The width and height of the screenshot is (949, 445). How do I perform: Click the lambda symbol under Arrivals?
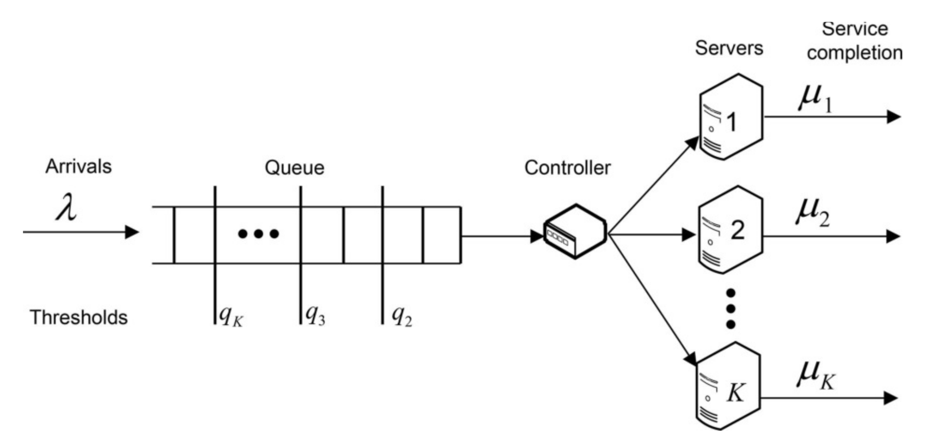(x=66, y=208)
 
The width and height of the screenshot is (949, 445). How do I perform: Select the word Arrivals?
(x=79, y=167)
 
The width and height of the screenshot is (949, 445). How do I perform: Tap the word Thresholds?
(x=79, y=317)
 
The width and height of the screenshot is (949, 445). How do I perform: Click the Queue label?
(x=294, y=168)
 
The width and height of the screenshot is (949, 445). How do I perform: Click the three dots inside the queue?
(x=259, y=234)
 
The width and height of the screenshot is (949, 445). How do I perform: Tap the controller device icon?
(x=575, y=232)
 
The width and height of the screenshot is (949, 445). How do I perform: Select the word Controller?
(x=567, y=168)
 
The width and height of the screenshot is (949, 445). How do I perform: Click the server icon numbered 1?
(x=731, y=117)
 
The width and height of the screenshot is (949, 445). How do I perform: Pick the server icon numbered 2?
(x=730, y=230)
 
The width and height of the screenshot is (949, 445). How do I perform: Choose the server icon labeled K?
(x=728, y=386)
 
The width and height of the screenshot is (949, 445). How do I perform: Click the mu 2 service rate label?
(x=812, y=213)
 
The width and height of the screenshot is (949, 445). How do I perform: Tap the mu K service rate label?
(x=815, y=376)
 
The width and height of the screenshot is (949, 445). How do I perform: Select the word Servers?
(x=729, y=48)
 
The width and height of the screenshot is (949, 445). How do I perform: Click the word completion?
(x=854, y=53)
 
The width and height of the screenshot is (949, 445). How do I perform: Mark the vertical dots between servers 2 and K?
(x=731, y=309)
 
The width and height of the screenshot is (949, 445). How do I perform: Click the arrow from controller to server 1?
(x=653, y=187)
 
